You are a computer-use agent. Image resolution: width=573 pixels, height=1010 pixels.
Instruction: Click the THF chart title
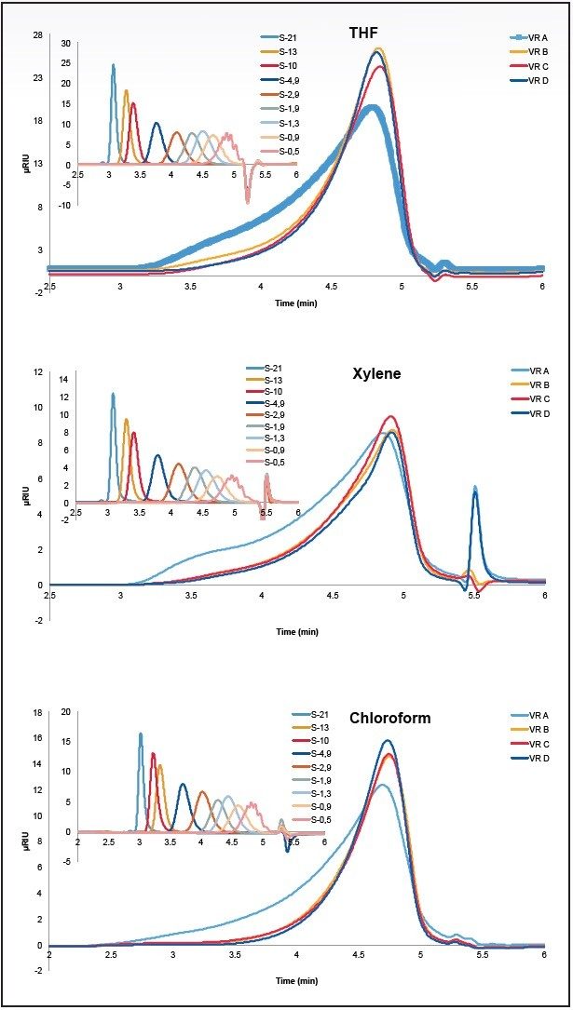(x=362, y=34)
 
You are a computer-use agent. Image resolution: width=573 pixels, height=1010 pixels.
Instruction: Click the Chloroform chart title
(x=389, y=718)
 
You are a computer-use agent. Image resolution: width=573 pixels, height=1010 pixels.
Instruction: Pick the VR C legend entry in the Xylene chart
(x=538, y=398)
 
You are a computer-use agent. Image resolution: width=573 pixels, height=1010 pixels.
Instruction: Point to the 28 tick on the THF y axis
(x=38, y=35)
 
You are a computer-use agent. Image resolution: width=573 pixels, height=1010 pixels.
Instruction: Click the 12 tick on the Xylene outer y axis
(x=38, y=372)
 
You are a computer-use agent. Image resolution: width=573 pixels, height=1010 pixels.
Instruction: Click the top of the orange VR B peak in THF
(x=378, y=49)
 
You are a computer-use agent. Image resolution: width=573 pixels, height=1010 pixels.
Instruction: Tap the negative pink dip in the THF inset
(x=247, y=198)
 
